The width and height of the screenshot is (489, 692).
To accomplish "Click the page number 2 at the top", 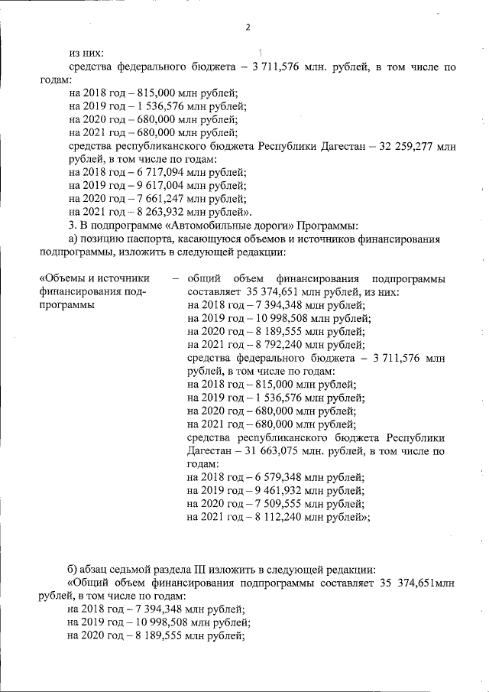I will pyautogui.click(x=248, y=28).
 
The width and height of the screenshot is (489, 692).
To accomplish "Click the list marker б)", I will pyautogui.click(x=74, y=569).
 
